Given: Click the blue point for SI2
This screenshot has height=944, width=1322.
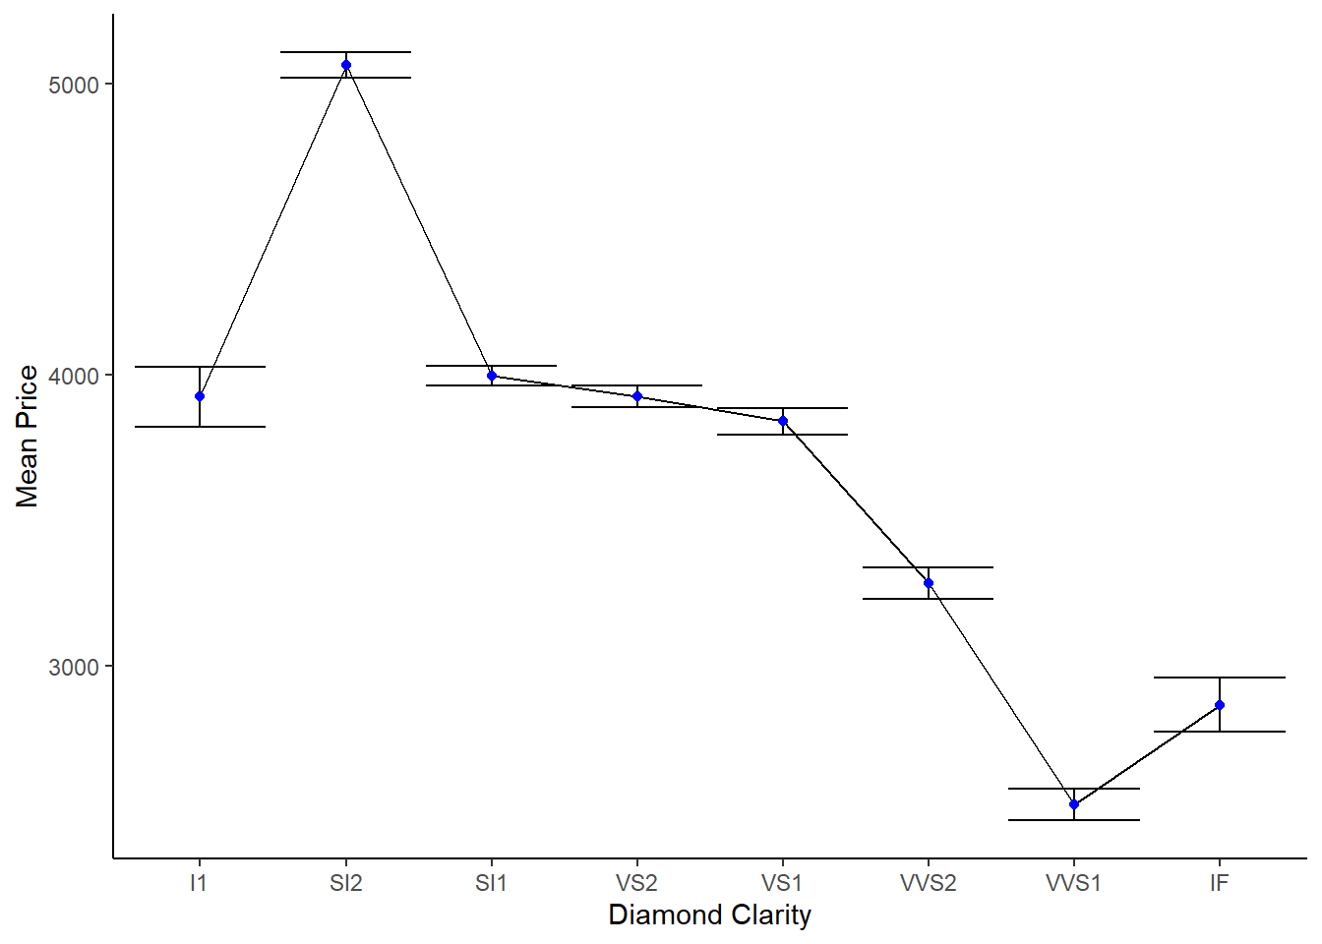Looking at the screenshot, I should click(346, 65).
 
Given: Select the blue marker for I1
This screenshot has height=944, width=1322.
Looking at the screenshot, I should click(200, 396).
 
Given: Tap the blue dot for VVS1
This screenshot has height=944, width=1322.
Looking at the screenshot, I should click(1074, 804).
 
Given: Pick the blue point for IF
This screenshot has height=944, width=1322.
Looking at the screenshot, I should click(1220, 705).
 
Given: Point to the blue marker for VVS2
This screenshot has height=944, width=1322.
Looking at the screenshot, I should click(929, 583).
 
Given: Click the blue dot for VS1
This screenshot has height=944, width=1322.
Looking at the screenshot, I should click(783, 421).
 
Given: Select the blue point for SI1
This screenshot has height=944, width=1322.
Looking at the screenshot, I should click(492, 376).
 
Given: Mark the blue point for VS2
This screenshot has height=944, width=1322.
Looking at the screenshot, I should click(637, 396).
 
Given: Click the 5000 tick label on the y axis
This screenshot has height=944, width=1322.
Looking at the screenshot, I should click(74, 85).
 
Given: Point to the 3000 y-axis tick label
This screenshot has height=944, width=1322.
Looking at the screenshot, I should click(74, 667).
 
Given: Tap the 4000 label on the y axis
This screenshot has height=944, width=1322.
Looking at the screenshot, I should click(74, 376).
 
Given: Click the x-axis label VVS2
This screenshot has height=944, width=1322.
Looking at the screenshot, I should click(929, 883).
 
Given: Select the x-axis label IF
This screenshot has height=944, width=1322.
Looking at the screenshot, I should click(1220, 883).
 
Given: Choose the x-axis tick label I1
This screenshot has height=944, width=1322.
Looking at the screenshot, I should click(200, 883).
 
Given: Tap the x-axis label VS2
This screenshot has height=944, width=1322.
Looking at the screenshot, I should click(637, 883).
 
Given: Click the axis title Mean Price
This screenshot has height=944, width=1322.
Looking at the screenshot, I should click(28, 436).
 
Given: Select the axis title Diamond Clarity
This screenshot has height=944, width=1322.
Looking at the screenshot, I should click(709, 915).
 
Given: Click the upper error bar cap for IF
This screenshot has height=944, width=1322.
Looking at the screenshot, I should click(1220, 678).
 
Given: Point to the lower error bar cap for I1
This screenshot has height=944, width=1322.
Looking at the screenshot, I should click(200, 427).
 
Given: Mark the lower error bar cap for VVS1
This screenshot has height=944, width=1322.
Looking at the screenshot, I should click(1074, 820).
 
